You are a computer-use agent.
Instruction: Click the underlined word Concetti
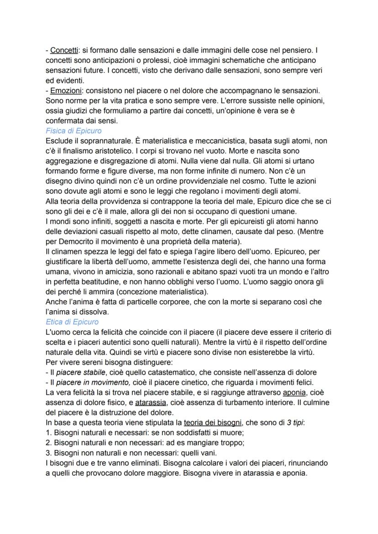(63, 50)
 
